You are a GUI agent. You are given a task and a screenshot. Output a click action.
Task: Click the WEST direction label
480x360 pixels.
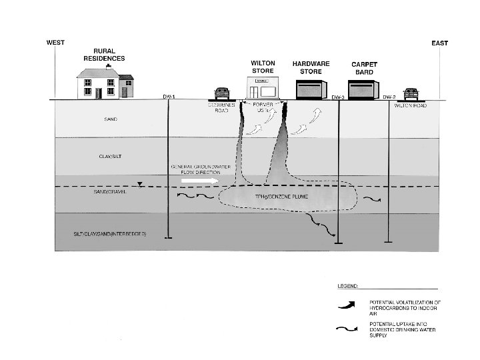click(x=55, y=42)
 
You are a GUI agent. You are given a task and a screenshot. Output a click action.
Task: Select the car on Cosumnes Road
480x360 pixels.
click(x=221, y=93)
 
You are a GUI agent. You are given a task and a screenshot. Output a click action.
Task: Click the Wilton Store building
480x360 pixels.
click(x=262, y=88)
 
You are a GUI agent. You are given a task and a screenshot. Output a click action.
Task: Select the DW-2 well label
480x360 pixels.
click(x=390, y=97)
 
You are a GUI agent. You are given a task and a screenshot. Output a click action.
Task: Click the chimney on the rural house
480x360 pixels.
click(x=108, y=67)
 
